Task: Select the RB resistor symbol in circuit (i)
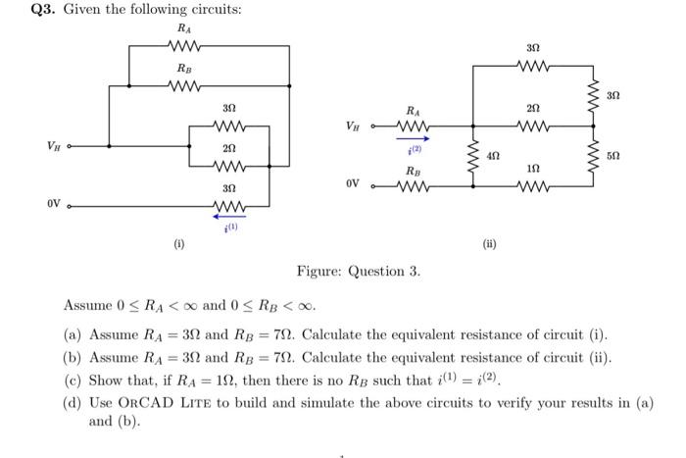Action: point(184,86)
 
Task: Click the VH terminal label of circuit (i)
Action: point(55,146)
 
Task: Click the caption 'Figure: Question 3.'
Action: point(359,271)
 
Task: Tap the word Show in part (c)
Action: point(106,381)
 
